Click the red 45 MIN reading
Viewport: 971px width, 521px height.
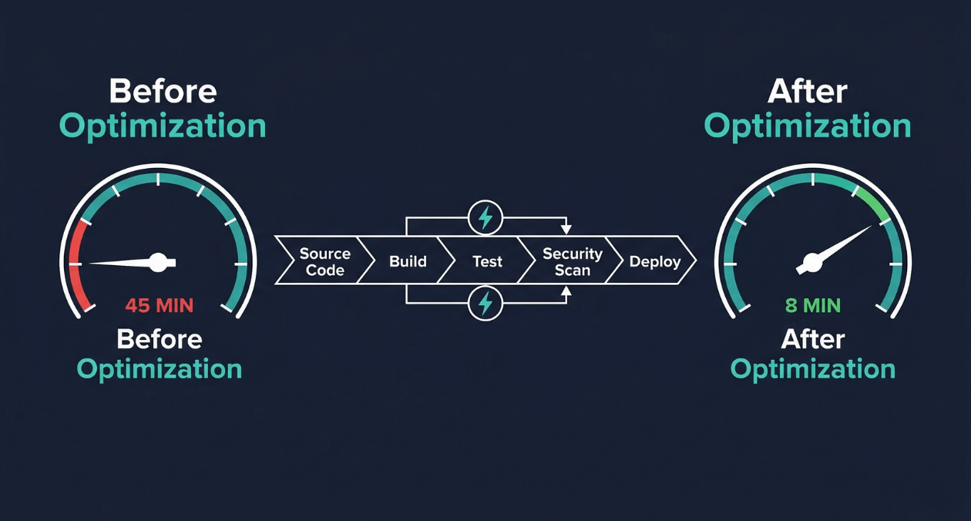[159, 305]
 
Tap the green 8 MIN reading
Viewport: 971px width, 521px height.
[812, 305]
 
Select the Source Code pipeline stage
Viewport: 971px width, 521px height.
[324, 261]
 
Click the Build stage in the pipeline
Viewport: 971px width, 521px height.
[408, 261]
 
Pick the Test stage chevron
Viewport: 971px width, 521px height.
[487, 261]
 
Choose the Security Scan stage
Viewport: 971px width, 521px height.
[572, 261]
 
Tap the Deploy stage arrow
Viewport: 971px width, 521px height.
[655, 261]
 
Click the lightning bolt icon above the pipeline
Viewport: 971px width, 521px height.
[485, 218]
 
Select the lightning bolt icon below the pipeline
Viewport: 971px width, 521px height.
[485, 304]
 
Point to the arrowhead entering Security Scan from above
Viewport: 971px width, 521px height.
[566, 230]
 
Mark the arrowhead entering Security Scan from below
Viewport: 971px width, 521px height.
[566, 292]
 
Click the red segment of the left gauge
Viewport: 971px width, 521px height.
[76, 262]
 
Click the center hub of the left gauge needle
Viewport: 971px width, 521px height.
[158, 262]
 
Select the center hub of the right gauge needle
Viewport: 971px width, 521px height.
[811, 264]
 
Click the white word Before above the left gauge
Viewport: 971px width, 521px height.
[163, 92]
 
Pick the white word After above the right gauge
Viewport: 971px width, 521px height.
[807, 92]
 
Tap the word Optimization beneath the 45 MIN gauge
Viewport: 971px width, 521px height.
[160, 369]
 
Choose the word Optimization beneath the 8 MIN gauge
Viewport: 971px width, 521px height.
[812, 369]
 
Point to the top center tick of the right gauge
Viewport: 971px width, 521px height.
[812, 179]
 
